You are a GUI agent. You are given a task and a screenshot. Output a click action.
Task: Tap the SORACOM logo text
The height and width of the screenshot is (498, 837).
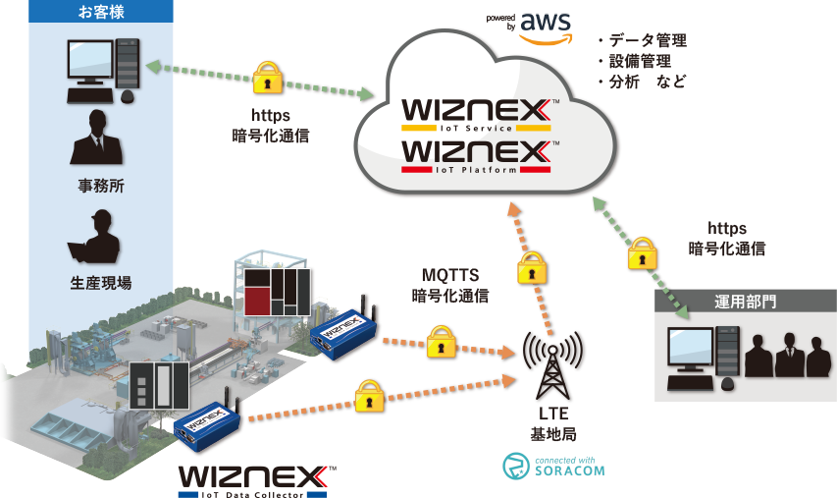569,470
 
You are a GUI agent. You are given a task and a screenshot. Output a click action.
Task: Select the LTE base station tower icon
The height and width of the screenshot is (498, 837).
552,365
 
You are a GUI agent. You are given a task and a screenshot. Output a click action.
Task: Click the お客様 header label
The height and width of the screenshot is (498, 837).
101,11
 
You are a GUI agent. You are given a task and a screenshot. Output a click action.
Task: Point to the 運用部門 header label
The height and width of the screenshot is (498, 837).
745,302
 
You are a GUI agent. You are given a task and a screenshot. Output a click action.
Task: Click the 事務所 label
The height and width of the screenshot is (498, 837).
101,186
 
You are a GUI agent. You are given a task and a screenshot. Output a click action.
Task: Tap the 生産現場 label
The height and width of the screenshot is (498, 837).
101,283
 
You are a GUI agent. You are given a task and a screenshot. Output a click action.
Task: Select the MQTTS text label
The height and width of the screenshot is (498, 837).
450,275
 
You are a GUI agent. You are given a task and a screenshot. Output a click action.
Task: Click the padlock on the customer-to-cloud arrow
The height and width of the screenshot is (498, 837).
268,79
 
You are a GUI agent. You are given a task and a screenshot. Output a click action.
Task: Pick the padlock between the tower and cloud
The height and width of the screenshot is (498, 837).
532,268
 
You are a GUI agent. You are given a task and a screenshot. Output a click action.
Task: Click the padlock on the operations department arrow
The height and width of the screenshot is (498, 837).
642,253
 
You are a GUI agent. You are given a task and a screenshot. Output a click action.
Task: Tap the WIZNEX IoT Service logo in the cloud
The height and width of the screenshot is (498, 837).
477,115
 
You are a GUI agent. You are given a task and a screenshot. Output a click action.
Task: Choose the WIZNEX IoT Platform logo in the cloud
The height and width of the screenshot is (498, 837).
477,156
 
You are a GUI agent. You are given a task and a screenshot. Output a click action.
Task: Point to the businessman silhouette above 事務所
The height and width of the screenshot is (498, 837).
96,138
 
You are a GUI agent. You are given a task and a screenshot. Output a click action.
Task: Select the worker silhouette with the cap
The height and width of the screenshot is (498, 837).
94,236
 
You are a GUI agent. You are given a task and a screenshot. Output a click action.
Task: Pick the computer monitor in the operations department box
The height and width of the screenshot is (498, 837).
691,349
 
